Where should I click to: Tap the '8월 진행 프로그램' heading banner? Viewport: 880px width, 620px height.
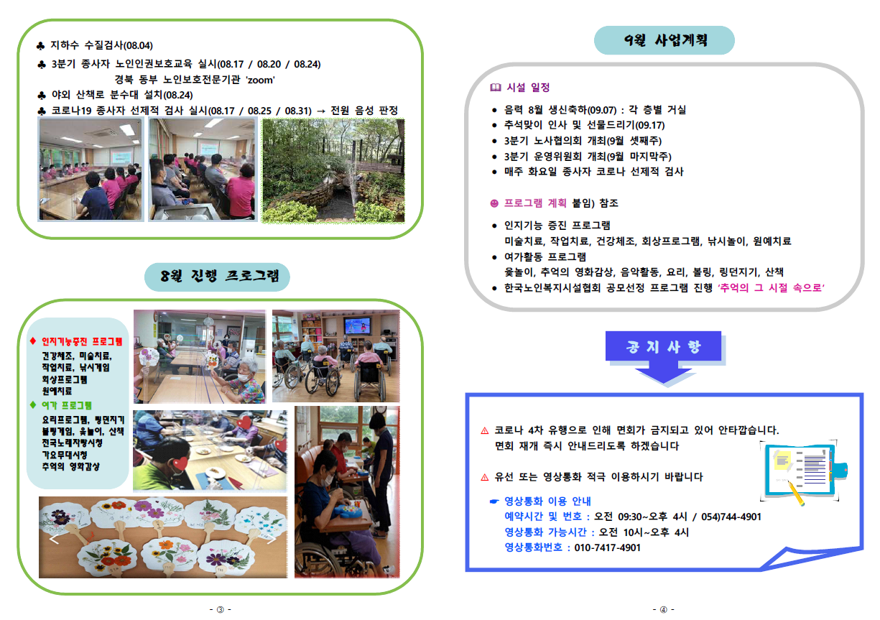pos(217,277)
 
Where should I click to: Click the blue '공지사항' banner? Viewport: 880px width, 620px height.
pos(663,346)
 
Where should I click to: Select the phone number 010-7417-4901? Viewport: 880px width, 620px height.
pos(607,547)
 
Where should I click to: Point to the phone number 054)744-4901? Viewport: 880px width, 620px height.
pos(731,517)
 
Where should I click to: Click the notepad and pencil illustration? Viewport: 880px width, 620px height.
pos(803,472)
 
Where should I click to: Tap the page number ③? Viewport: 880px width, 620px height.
pos(221,609)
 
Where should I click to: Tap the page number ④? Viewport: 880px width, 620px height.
pos(664,609)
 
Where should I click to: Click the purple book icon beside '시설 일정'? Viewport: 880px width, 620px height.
pos(496,87)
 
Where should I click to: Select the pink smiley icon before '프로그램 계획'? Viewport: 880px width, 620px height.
pos(494,203)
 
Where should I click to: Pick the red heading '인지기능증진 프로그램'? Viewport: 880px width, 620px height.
pos(82,341)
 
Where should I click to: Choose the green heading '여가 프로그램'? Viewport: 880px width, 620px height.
pos(67,405)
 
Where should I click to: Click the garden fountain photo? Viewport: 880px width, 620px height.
pos(333,170)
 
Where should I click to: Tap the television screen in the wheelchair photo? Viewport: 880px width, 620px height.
pos(357,325)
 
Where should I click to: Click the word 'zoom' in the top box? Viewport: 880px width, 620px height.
pos(260,80)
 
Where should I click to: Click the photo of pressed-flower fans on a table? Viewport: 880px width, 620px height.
pos(163,537)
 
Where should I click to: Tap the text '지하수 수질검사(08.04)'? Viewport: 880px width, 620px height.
pos(101,45)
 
